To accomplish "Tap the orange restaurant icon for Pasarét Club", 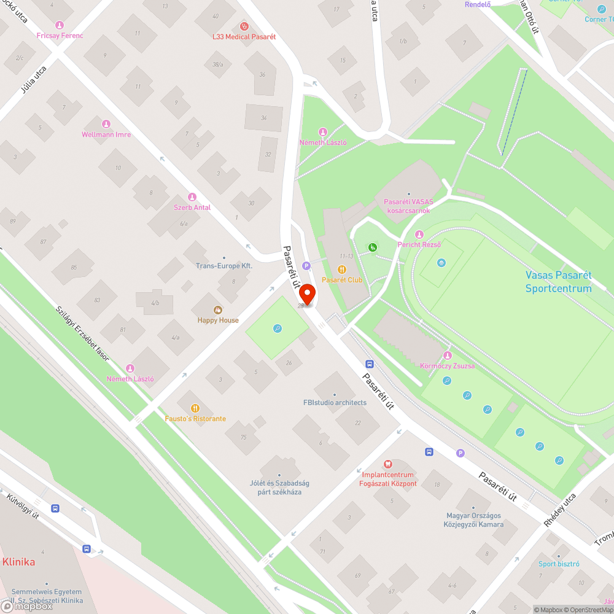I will point(343,270).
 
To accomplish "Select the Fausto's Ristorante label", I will point(195,419).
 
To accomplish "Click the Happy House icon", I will point(218,310).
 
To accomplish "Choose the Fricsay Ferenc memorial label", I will point(60,36).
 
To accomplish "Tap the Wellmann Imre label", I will point(106,134).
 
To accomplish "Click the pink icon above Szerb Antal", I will point(192,197).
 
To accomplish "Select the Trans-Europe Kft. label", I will point(224,266).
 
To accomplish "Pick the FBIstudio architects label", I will point(335,403).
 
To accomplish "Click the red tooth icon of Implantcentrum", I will point(387,464).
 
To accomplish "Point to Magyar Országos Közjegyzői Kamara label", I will point(473,520).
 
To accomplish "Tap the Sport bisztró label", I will point(559,564).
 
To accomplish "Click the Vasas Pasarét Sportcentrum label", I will point(558,282).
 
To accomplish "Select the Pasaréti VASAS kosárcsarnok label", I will point(408,206).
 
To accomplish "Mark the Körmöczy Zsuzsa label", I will point(447,366).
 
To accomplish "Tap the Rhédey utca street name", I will point(560,510).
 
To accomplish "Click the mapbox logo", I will point(28,606).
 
